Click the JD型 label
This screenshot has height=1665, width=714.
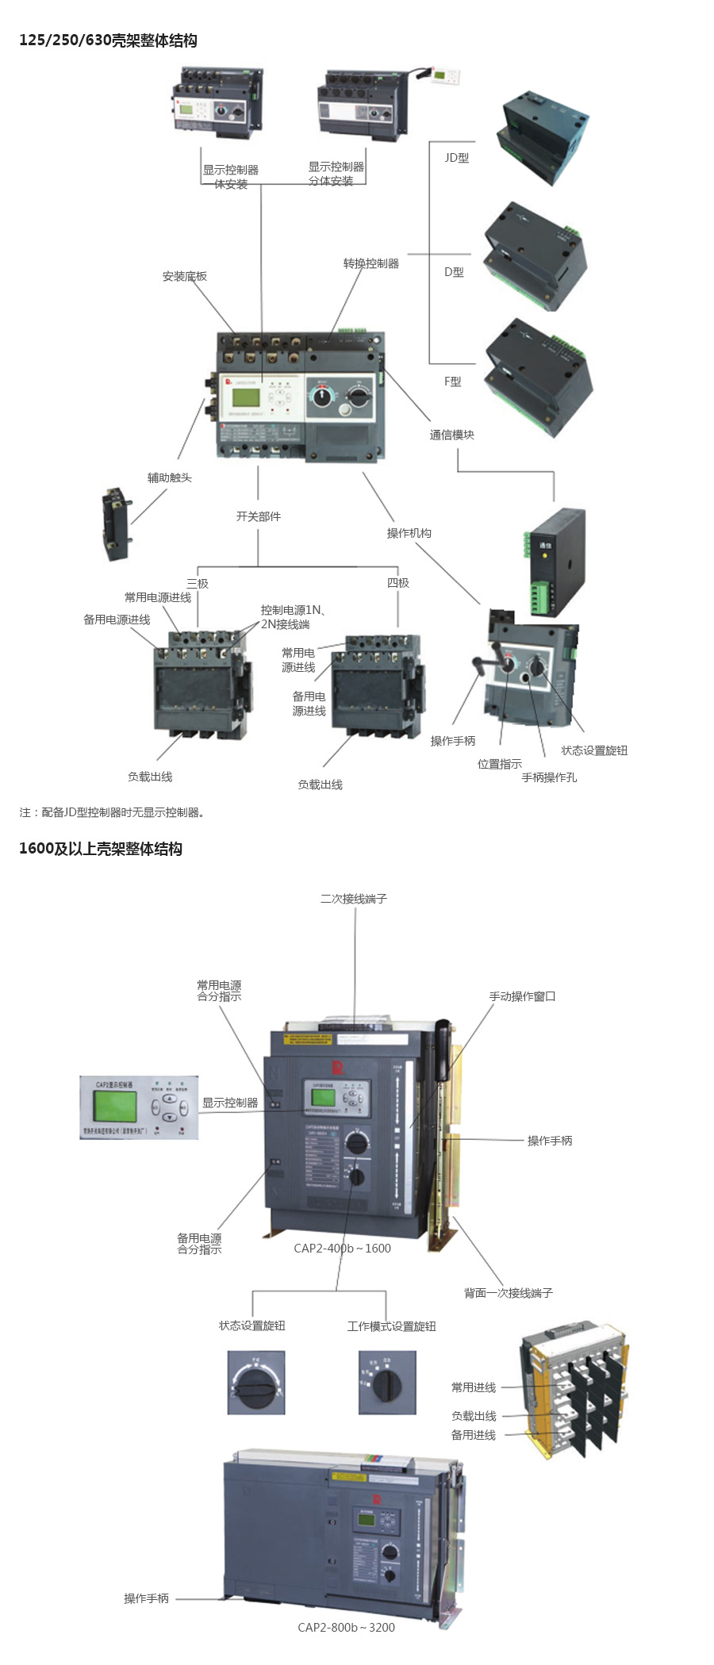[456, 158]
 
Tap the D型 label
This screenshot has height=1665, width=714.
[454, 272]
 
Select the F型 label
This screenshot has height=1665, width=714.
[452, 382]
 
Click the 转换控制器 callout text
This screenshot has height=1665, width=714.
[370, 263]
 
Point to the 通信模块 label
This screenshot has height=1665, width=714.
[451, 435]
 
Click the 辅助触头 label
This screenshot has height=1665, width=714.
[169, 478]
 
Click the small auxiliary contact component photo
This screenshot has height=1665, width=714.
[116, 524]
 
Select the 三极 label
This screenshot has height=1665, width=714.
[198, 583]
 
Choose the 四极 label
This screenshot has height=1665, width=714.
[397, 583]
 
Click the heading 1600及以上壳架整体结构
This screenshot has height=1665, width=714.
[101, 849]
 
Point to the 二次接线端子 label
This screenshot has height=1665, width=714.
[353, 899]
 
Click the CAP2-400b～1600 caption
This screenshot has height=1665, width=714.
[342, 1248]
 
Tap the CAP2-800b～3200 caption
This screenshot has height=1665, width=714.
[346, 1627]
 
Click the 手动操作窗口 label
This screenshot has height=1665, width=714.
[522, 996]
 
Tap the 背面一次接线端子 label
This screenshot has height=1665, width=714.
[508, 1293]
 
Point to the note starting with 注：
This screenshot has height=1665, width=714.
[112, 812]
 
